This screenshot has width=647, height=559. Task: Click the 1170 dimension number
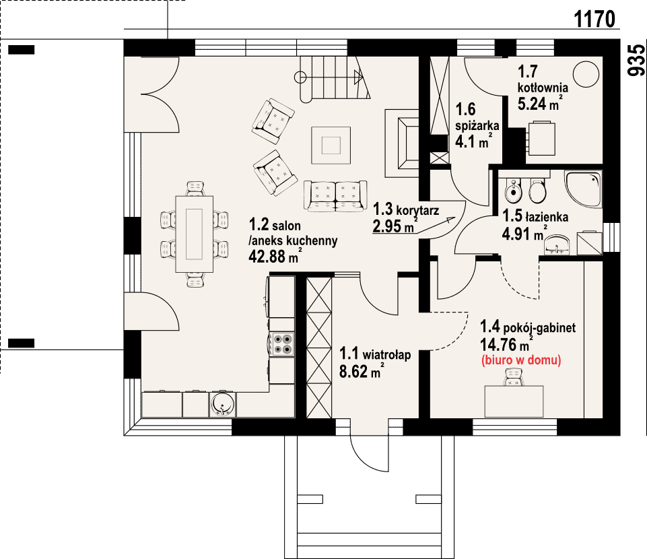(594, 19)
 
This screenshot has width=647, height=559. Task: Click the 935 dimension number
(636, 60)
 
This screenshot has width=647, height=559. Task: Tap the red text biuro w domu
(521, 360)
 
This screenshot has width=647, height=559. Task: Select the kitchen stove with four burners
(282, 344)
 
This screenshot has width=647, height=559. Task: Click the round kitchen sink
(222, 403)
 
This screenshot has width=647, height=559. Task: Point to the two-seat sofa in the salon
(335, 196)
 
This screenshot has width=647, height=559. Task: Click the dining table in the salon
(195, 234)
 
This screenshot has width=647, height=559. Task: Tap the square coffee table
(331, 145)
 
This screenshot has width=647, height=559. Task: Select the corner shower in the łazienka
(583, 189)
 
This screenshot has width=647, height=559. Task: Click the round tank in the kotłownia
(586, 74)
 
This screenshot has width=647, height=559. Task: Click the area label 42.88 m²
(275, 256)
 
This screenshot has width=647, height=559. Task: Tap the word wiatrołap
(386, 355)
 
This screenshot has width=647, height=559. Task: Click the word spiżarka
(477, 125)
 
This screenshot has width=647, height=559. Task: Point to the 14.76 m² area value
(506, 343)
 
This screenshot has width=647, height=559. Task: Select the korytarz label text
(417, 211)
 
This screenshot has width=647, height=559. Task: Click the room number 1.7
(528, 71)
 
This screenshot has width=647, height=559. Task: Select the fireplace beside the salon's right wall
(403, 143)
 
